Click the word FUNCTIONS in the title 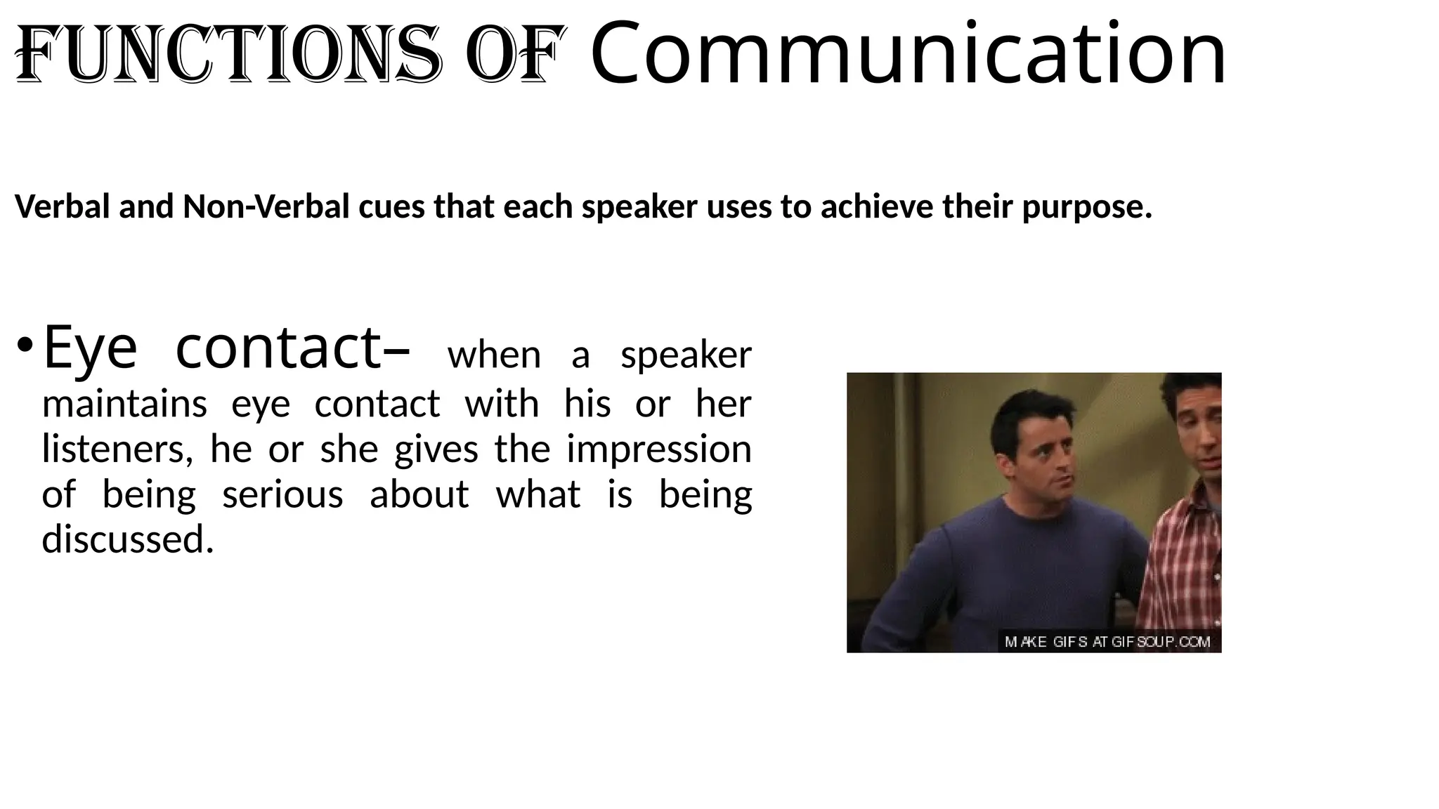pos(228,55)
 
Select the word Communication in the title pos(908,53)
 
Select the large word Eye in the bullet pos(90,348)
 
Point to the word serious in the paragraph pos(282,494)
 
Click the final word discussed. pos(127,539)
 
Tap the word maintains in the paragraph pos(124,404)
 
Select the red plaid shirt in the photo pos(1180,562)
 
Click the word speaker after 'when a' pos(686,355)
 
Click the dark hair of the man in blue pos(1033,407)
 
